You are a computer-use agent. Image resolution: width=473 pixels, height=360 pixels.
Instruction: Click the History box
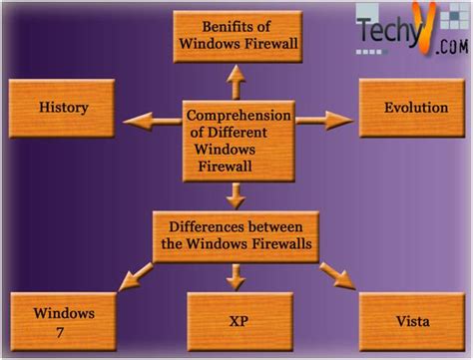click(x=64, y=107)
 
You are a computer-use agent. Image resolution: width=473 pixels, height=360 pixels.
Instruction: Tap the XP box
click(x=237, y=321)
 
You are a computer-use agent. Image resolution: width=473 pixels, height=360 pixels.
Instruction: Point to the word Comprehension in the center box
click(x=236, y=117)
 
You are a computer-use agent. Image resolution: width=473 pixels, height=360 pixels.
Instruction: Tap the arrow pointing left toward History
click(x=151, y=121)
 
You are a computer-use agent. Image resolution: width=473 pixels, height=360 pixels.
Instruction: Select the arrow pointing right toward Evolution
click(x=325, y=121)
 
